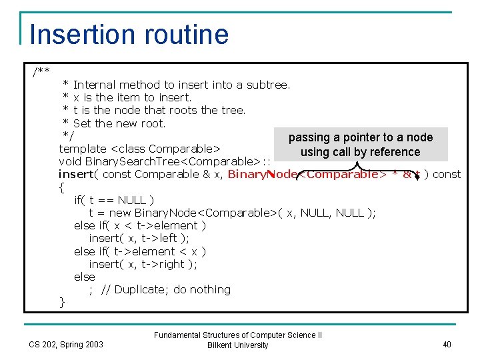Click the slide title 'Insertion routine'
(x=129, y=35)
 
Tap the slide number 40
(x=447, y=344)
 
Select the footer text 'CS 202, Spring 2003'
(x=66, y=344)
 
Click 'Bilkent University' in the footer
(x=238, y=345)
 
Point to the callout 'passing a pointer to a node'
(x=361, y=137)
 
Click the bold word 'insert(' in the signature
(x=76, y=175)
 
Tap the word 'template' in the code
(x=83, y=149)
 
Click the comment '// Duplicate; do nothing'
(x=166, y=289)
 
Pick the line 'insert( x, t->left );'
(x=139, y=239)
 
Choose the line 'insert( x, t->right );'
(x=143, y=264)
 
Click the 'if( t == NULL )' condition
(x=114, y=200)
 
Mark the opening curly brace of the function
(x=62, y=187)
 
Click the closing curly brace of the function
(x=62, y=302)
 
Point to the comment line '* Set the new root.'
(x=114, y=123)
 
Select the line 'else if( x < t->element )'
(x=140, y=225)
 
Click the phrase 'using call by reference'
(x=360, y=152)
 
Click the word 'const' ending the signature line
(x=447, y=175)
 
